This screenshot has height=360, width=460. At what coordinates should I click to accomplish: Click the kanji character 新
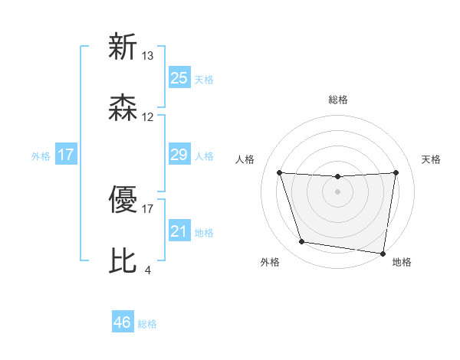click(123, 47)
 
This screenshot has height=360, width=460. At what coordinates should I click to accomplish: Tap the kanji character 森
click(123, 109)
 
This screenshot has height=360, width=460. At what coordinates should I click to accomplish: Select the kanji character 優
click(123, 201)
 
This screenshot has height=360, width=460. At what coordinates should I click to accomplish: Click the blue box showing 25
click(179, 77)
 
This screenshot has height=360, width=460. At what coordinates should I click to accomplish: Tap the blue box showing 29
click(179, 155)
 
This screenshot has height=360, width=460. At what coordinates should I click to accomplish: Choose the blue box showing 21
click(179, 231)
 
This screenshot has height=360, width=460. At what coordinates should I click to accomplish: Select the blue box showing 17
click(66, 155)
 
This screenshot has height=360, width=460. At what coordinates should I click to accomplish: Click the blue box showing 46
click(123, 322)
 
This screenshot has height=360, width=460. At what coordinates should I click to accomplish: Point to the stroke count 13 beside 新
click(148, 56)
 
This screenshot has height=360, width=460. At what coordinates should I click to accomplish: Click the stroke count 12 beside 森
click(148, 117)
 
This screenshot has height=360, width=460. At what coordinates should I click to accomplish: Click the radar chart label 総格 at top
click(337, 100)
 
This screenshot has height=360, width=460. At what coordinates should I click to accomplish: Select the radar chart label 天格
click(432, 159)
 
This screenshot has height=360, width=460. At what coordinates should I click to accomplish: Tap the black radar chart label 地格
click(402, 262)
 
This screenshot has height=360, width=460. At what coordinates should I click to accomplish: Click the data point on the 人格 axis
click(279, 172)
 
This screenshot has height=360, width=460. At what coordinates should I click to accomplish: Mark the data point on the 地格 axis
click(383, 253)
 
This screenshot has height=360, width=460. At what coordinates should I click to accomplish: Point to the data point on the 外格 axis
click(302, 242)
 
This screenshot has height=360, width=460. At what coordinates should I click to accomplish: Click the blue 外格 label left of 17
click(41, 155)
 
